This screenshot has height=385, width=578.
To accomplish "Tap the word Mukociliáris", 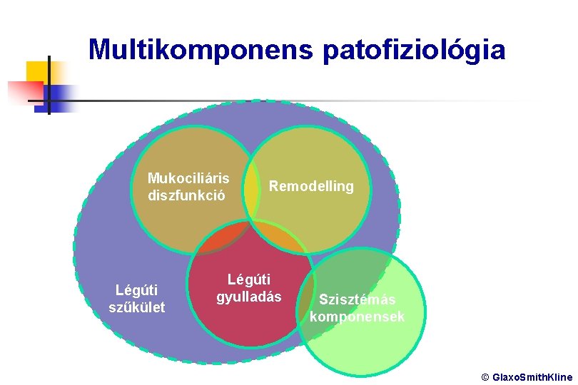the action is click(x=188, y=178).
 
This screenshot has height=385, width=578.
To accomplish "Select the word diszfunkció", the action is click(x=187, y=195).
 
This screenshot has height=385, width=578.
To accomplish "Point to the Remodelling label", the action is click(x=310, y=186).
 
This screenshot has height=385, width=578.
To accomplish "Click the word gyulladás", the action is click(x=249, y=297).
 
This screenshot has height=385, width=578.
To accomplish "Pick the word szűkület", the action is click(x=136, y=307).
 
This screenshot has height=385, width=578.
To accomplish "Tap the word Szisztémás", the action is click(x=357, y=299).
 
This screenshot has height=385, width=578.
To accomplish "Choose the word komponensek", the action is click(x=357, y=317).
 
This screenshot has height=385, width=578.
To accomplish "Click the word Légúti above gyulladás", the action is click(x=249, y=280).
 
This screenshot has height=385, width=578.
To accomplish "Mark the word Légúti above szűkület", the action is click(x=136, y=290).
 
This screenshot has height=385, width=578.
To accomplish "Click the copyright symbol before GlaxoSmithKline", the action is click(x=485, y=376).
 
